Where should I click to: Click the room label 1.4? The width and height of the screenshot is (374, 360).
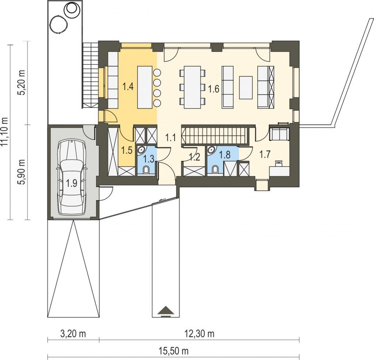128,86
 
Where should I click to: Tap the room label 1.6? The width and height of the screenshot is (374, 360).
213,89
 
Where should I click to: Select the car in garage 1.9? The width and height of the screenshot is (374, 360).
71,177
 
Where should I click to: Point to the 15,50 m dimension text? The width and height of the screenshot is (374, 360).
173,351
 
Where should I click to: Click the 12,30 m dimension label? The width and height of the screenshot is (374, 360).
199,334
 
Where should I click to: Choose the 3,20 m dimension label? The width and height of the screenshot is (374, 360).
73,334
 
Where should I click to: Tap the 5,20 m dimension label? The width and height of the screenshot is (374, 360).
22,83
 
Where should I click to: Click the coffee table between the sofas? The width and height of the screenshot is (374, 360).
246,88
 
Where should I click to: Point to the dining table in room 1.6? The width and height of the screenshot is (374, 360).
192,88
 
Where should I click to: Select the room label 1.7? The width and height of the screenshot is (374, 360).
265,154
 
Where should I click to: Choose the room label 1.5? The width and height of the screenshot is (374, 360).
127,150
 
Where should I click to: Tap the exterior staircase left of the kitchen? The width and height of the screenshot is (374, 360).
90,76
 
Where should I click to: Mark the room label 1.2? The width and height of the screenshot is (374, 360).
194,157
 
